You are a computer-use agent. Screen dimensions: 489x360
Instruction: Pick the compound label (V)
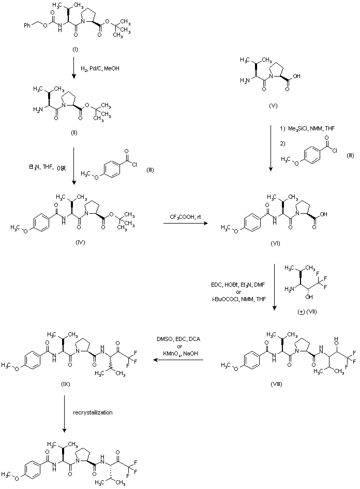[274, 106]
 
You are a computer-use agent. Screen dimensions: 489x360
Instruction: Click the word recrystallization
[97, 413]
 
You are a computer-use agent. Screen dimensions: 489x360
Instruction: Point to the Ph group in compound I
[27, 24]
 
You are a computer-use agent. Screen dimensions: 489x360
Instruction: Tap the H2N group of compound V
[246, 80]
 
